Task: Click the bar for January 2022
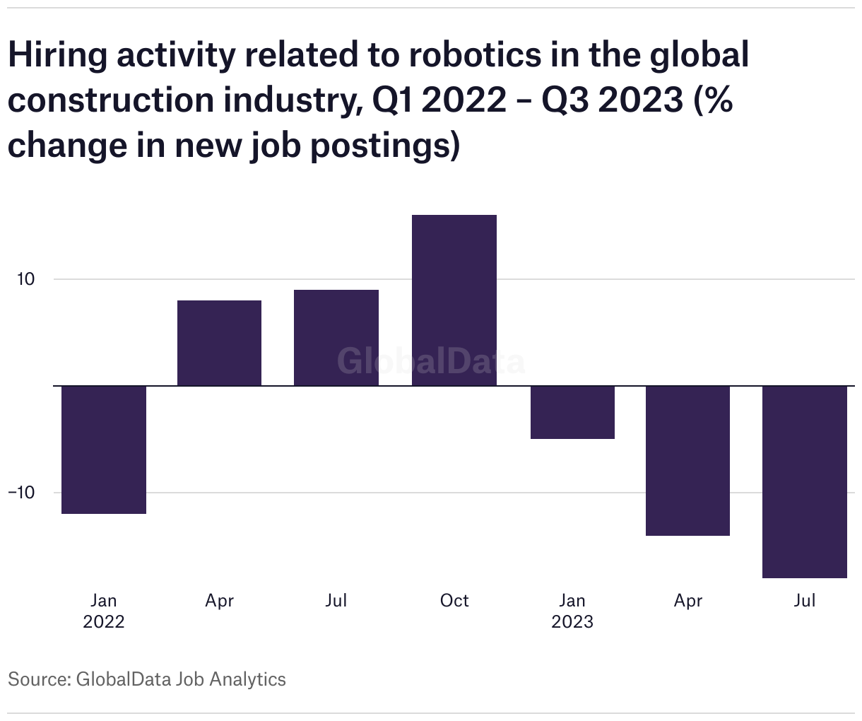pos(104,450)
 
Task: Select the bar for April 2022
pos(219,344)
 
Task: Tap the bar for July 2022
pos(336,338)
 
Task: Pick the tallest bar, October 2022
pos(454,300)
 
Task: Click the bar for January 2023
pos(572,412)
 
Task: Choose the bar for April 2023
pos(687,460)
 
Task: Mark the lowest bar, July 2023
pos(805,481)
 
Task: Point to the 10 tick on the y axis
pos(25,279)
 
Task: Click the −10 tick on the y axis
pos(21,493)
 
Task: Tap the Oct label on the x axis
pos(454,600)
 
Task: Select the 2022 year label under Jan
pos(104,621)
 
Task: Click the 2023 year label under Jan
pos(572,621)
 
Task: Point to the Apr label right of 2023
pos(688,600)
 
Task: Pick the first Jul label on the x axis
pos(336,600)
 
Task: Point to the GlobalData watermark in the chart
pos(430,360)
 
